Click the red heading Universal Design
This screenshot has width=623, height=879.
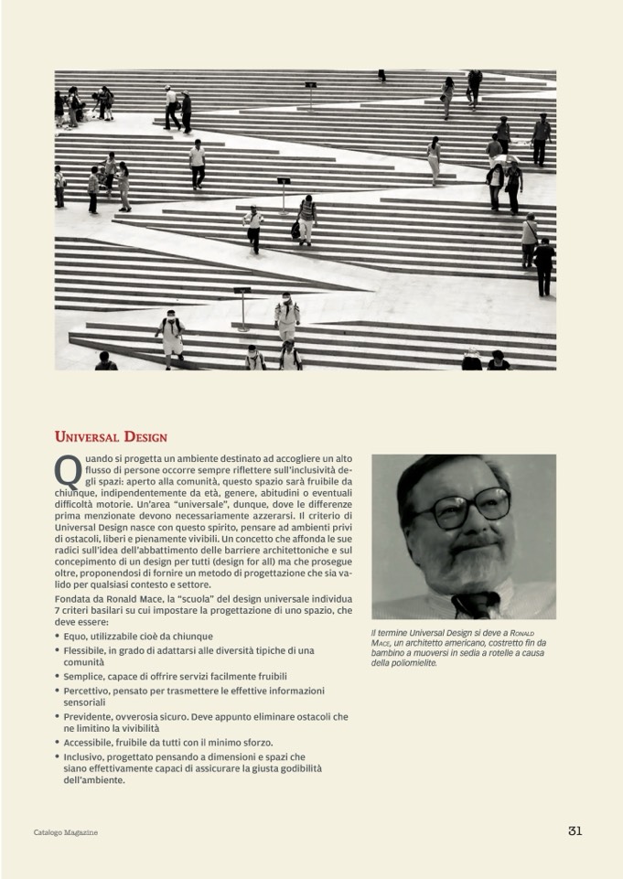pyautogui.click(x=111, y=436)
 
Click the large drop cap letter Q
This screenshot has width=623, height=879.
pyautogui.click(x=67, y=471)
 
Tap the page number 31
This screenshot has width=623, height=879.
pyautogui.click(x=575, y=831)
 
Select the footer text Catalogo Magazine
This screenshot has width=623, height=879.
pyautogui.click(x=65, y=832)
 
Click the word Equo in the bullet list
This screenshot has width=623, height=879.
pyautogui.click(x=78, y=636)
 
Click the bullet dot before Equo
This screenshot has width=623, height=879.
pyautogui.click(x=58, y=636)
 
